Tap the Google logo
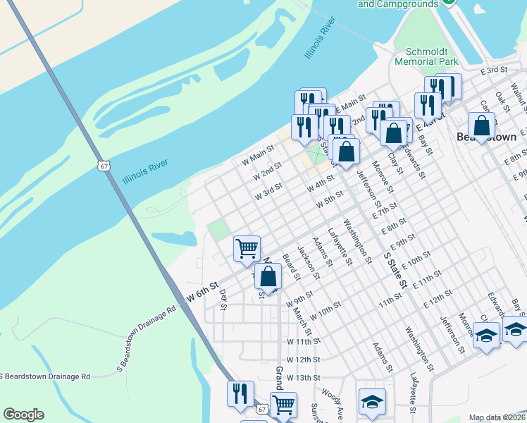point(23,415)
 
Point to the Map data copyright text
point(497,417)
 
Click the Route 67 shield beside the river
point(103,164)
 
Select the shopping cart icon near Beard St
point(247,248)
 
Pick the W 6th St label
point(199,294)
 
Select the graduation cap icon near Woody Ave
point(372,401)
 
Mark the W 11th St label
point(304,341)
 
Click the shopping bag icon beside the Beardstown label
point(482,127)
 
